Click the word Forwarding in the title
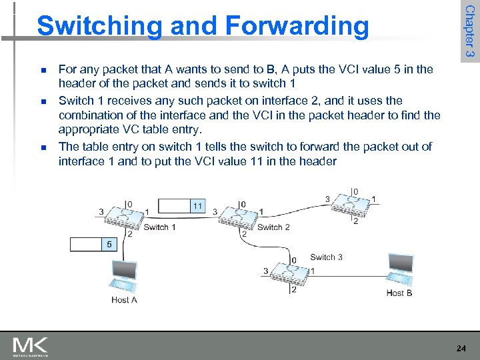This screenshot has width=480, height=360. coord(297,27)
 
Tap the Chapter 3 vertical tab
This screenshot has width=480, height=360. coord(469,30)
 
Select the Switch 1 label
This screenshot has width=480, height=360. coord(160,227)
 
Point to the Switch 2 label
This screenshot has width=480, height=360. coord(273,227)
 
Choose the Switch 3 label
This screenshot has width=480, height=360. coord(327,257)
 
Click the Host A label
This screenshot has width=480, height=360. coord(125,300)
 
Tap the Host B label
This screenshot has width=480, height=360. coord(399,293)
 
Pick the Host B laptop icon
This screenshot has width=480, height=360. coord(400,269)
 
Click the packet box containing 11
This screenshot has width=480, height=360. coord(182,206)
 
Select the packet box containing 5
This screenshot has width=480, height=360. coord(95,245)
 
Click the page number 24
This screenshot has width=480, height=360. coord(461,348)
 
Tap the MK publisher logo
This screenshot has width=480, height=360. coord(30,346)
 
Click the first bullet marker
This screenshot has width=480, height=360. coord(42,70)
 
